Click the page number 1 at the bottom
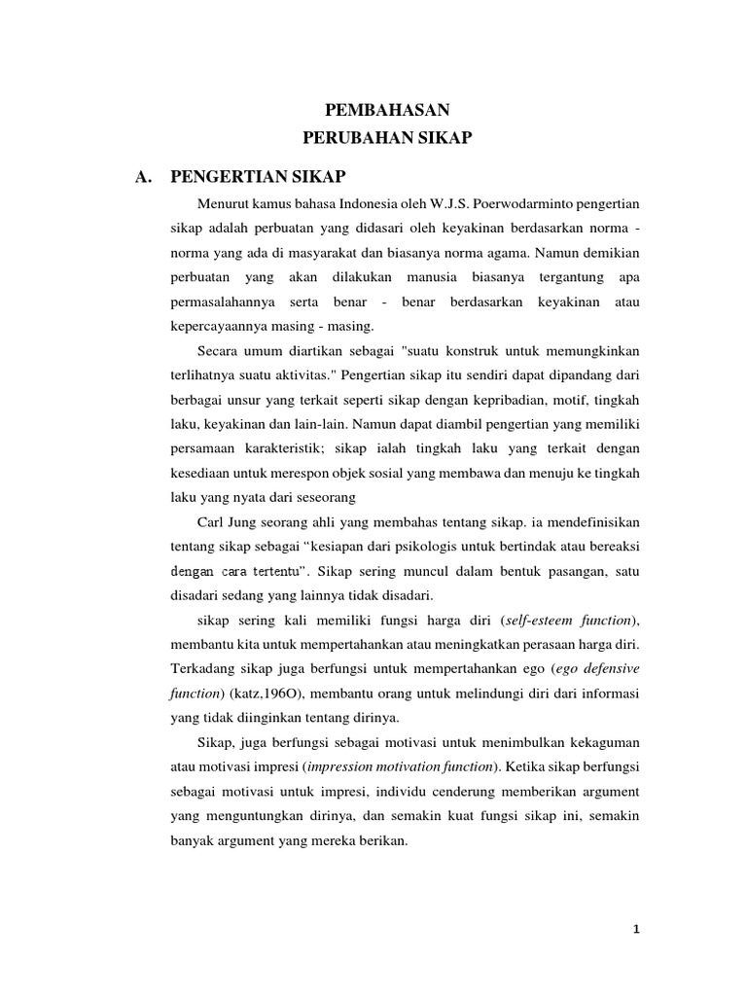[x=636, y=928]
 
